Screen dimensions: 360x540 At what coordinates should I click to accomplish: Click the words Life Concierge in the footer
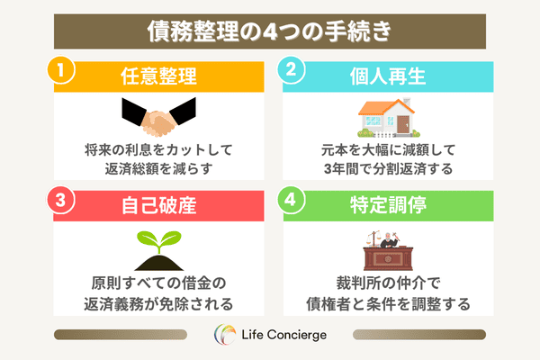(x=283, y=335)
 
